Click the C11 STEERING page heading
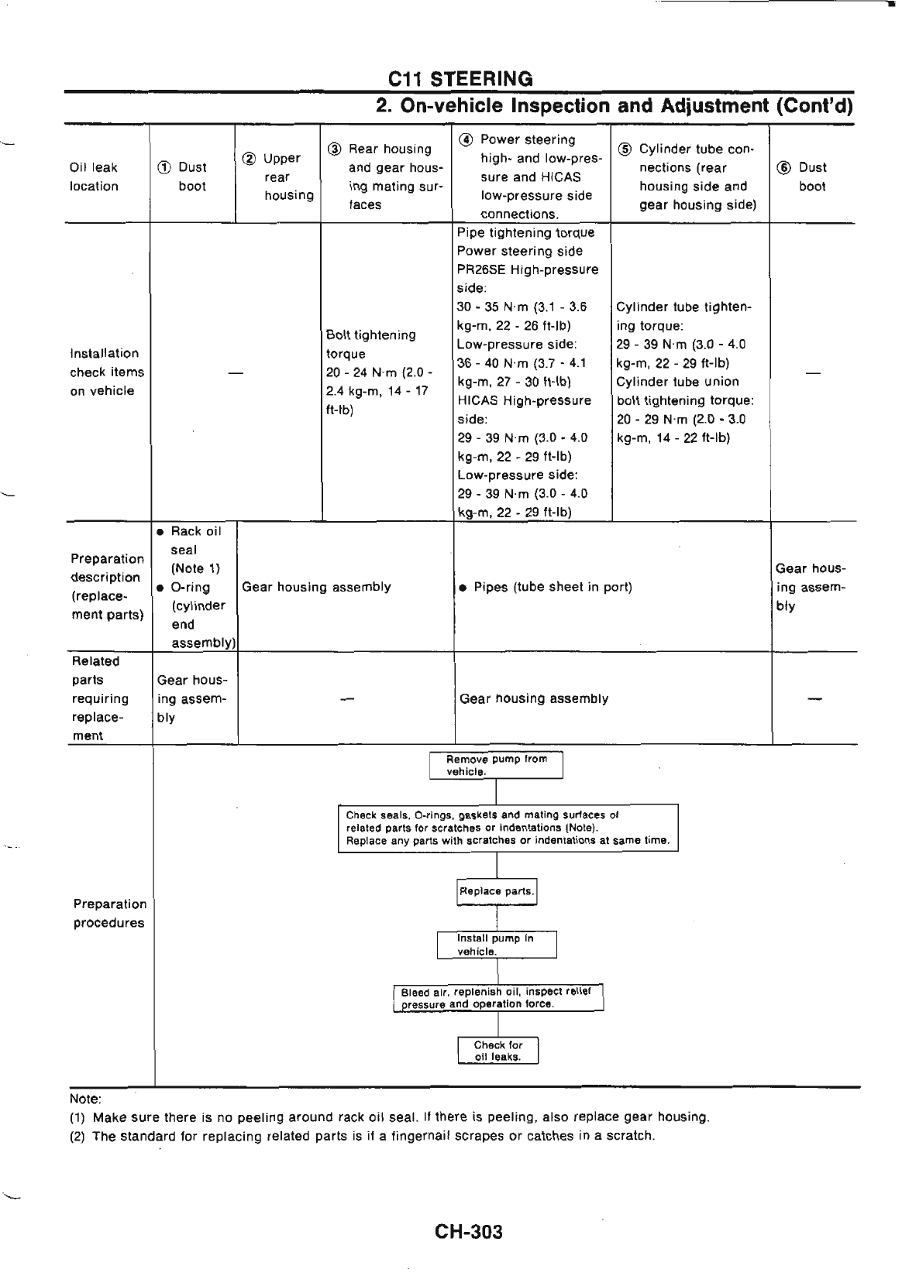(460, 78)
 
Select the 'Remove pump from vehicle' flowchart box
(496, 765)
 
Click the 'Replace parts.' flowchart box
(497, 891)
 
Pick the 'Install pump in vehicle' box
(496, 945)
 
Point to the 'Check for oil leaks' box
(497, 1051)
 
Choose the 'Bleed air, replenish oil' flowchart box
(497, 998)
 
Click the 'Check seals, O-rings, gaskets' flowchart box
(508, 828)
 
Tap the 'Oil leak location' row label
(94, 177)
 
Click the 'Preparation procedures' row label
(109, 914)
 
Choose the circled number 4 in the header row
(467, 140)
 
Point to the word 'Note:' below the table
(85, 1099)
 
